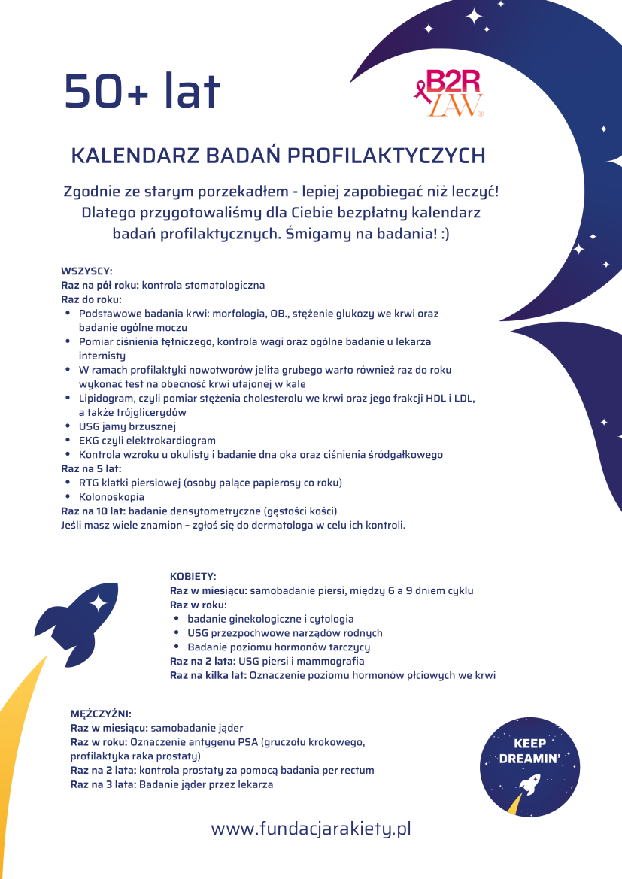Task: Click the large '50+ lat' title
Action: (x=142, y=91)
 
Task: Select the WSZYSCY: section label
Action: (x=86, y=271)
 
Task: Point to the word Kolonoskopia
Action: (x=111, y=497)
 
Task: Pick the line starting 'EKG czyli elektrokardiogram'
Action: (x=147, y=441)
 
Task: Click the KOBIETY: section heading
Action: (x=193, y=576)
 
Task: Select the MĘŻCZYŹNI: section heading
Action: (x=101, y=714)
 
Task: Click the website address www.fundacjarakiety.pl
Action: (x=311, y=829)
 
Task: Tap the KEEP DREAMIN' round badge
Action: (x=530, y=767)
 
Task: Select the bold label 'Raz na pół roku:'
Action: (x=100, y=286)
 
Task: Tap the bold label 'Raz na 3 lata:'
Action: (x=104, y=784)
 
